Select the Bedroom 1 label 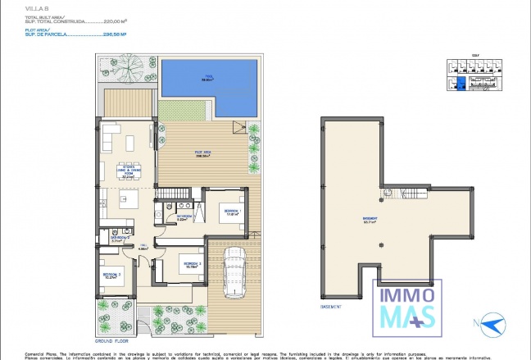point(231,212)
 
